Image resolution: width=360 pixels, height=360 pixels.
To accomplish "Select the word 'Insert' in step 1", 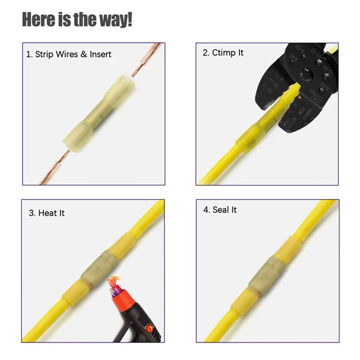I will [x=100, y=54].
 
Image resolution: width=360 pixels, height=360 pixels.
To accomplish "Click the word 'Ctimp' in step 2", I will [x=222, y=53].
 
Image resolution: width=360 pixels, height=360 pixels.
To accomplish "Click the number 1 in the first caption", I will [x=28, y=54].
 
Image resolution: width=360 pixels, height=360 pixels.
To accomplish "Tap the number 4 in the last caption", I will [x=205, y=210].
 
